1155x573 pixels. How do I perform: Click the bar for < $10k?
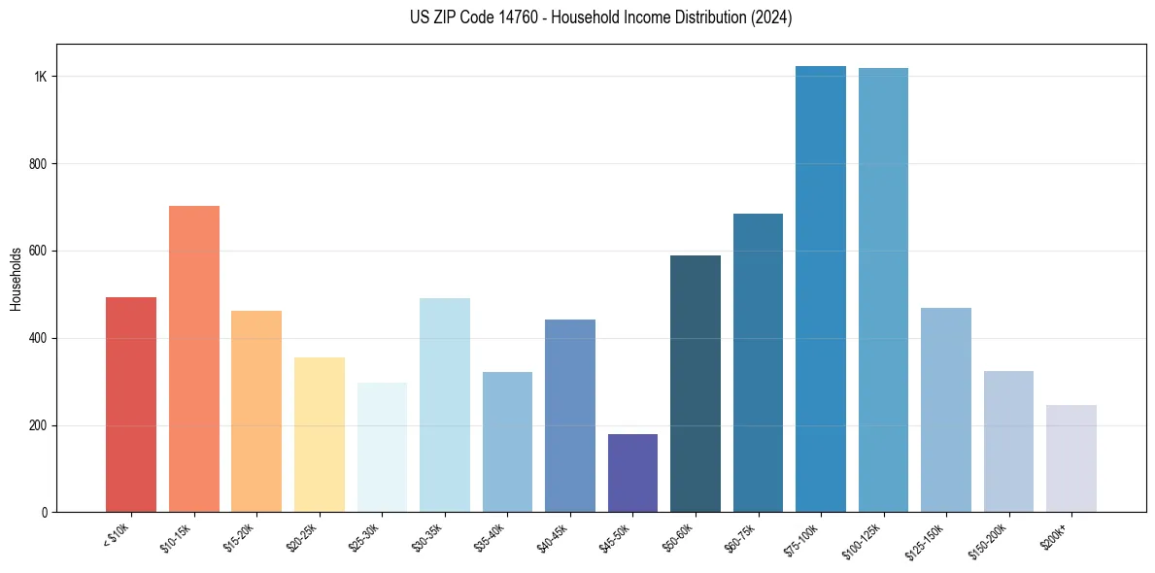pyautogui.click(x=131, y=404)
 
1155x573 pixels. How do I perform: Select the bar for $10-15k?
pyautogui.click(x=193, y=358)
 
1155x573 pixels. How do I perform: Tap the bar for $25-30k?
pyautogui.click(x=382, y=447)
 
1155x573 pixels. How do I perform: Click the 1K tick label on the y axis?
pyautogui.click(x=41, y=77)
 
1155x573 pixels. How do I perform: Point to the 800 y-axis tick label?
pyautogui.click(x=39, y=164)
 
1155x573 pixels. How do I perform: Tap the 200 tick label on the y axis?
pyautogui.click(x=39, y=425)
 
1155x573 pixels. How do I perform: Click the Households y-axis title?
pyautogui.click(x=16, y=279)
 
